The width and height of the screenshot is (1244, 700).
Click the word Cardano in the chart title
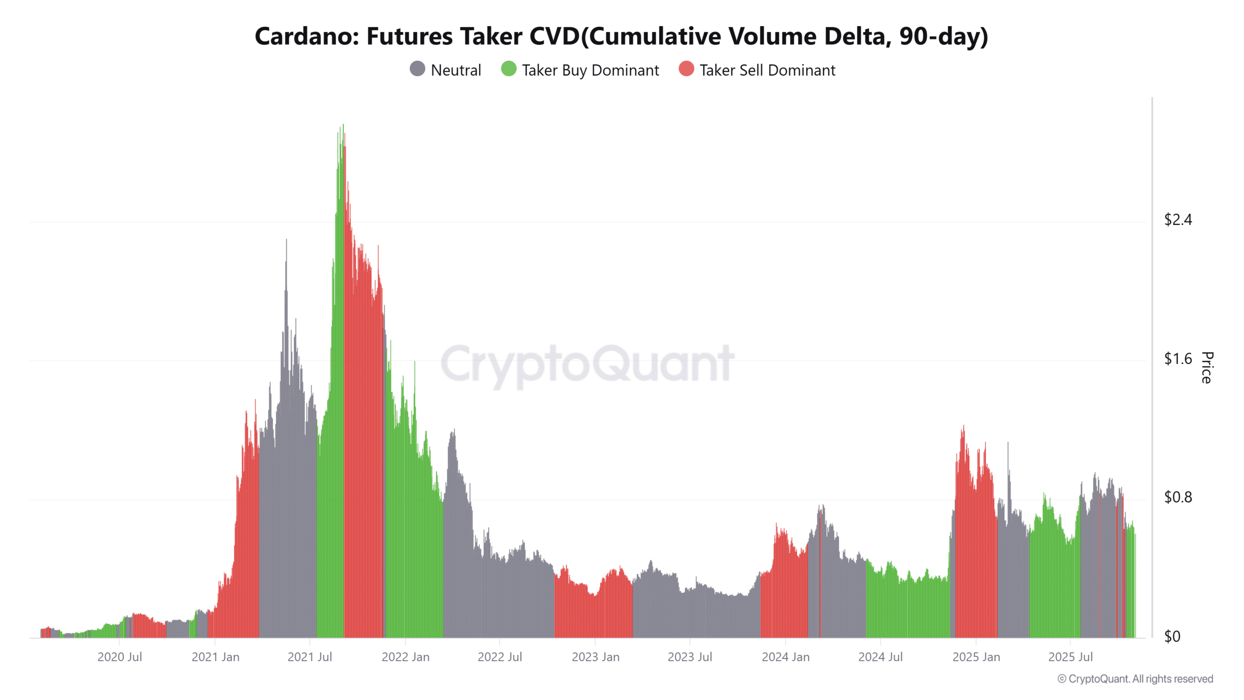(x=306, y=36)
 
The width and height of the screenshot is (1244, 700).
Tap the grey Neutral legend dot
(x=417, y=69)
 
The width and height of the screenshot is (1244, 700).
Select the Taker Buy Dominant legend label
(x=590, y=70)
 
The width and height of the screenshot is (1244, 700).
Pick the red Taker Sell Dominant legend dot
(x=686, y=69)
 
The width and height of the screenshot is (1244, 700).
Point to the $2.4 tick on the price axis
(x=1177, y=220)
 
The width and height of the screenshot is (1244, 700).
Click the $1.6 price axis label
(x=1177, y=359)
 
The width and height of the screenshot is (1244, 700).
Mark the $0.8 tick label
(x=1177, y=497)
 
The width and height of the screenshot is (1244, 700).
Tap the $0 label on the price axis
(x=1172, y=636)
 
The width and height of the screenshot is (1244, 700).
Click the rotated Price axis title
(x=1207, y=367)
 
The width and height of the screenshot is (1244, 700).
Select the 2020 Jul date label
(x=120, y=657)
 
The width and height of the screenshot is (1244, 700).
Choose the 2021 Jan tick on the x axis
(x=215, y=657)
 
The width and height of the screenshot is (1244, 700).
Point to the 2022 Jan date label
(x=405, y=657)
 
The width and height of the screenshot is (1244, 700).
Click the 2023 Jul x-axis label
(x=690, y=657)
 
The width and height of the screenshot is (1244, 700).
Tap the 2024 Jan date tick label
(x=785, y=657)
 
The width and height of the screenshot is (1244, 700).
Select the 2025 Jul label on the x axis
(x=1070, y=657)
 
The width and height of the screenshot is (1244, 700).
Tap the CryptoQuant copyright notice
(x=1135, y=679)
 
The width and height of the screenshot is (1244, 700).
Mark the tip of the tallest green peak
(x=343, y=125)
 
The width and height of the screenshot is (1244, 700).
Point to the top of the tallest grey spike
(x=286, y=240)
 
